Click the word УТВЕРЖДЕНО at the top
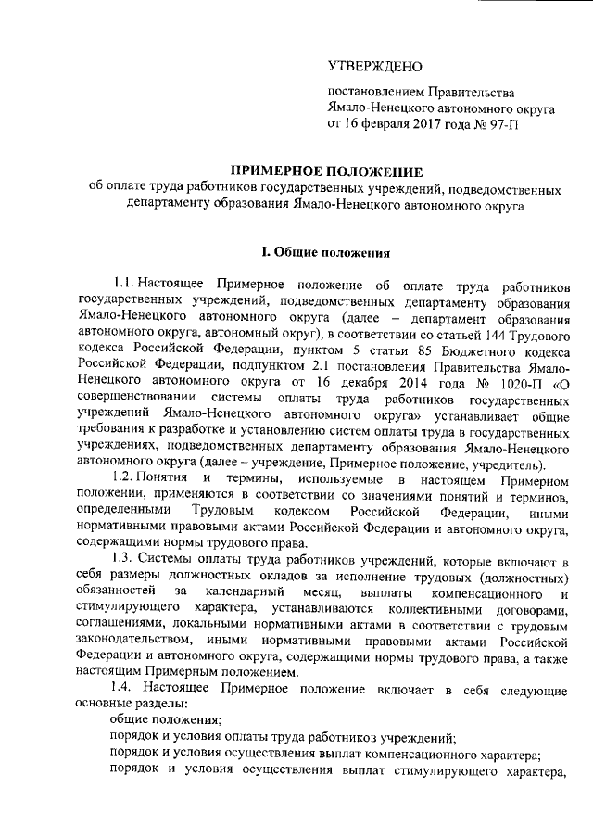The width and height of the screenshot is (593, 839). point(375,66)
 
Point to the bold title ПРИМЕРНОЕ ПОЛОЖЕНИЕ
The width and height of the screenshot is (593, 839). point(324,172)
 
